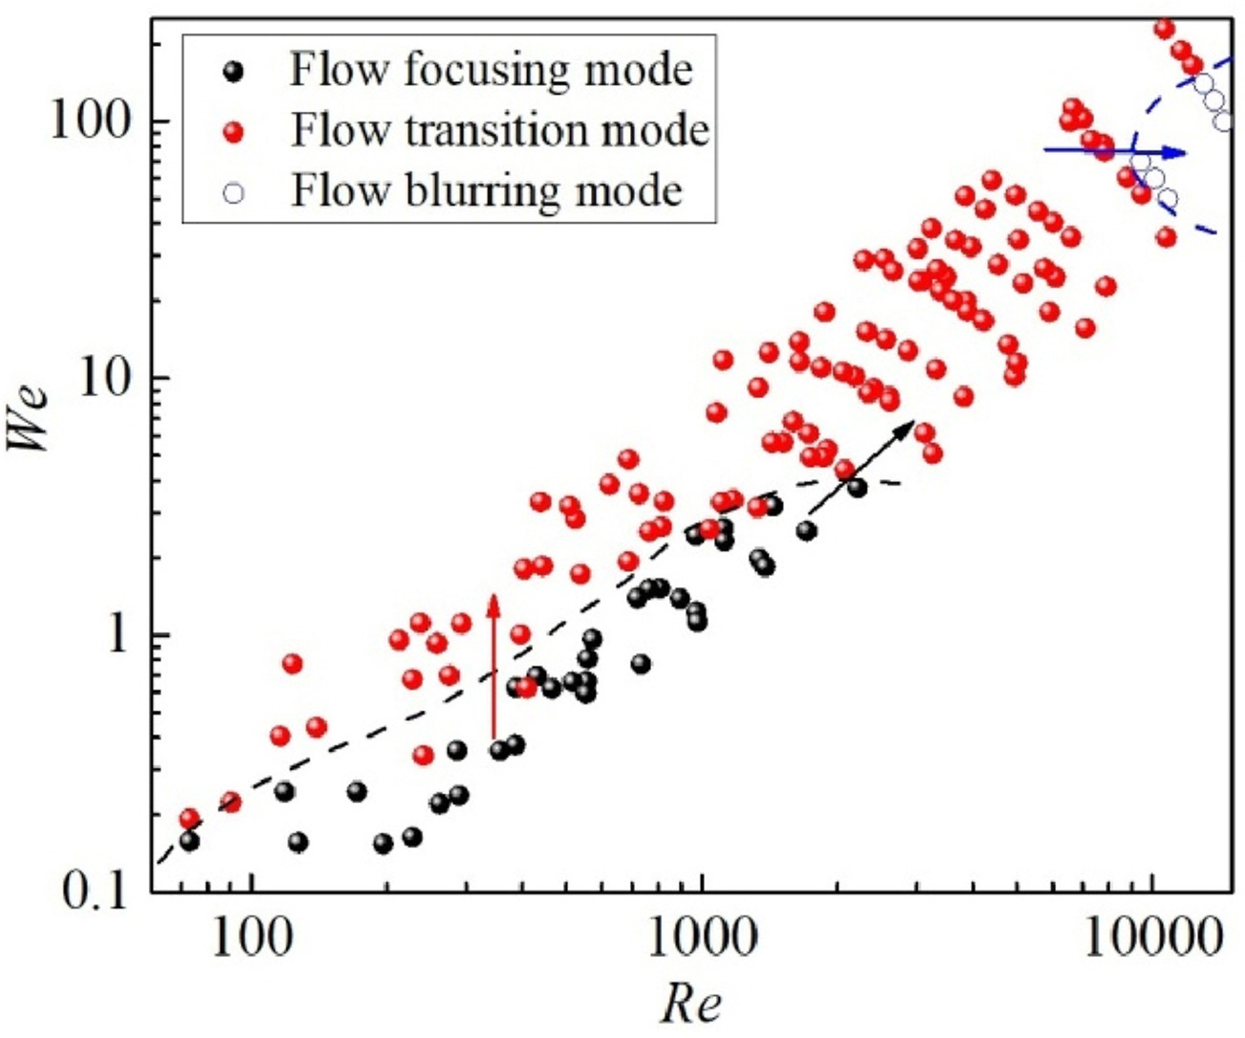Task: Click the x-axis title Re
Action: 691,1004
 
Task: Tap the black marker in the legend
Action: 232,71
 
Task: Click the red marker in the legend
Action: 232,131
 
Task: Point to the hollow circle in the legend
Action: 232,191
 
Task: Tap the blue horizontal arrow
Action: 1114,151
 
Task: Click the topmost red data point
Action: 1165,29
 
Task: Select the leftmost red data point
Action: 189,819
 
